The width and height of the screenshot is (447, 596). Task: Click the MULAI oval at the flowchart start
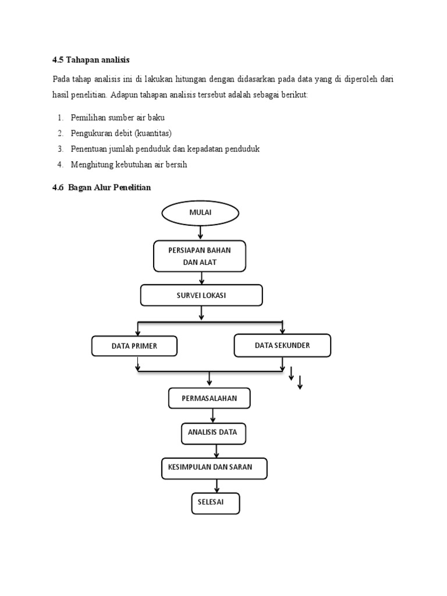[200, 212]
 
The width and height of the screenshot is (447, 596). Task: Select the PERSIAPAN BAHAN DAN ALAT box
[200, 257]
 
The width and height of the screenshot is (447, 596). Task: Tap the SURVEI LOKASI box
[201, 296]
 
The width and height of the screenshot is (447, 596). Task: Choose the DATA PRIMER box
[134, 346]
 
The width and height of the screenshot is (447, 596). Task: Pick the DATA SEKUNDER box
[282, 345]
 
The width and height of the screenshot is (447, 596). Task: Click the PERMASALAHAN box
[210, 399]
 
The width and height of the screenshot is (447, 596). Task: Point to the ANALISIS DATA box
[212, 433]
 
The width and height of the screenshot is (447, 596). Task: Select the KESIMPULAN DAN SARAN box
[214, 468]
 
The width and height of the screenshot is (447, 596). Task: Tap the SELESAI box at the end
[215, 503]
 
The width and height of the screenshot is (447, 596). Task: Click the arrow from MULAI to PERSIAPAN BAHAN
[201, 232]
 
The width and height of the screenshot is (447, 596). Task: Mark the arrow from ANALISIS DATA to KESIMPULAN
[217, 450]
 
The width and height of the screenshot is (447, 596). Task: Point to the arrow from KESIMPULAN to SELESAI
[217, 485]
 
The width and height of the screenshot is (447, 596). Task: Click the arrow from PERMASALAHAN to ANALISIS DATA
[213, 416]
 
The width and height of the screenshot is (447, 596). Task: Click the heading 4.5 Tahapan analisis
[91, 60]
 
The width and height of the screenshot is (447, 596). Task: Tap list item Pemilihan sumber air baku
[118, 118]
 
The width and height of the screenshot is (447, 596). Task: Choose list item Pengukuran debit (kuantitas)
[121, 133]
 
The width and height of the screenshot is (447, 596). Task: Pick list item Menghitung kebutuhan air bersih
[129, 165]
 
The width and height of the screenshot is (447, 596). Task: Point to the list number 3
[60, 149]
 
